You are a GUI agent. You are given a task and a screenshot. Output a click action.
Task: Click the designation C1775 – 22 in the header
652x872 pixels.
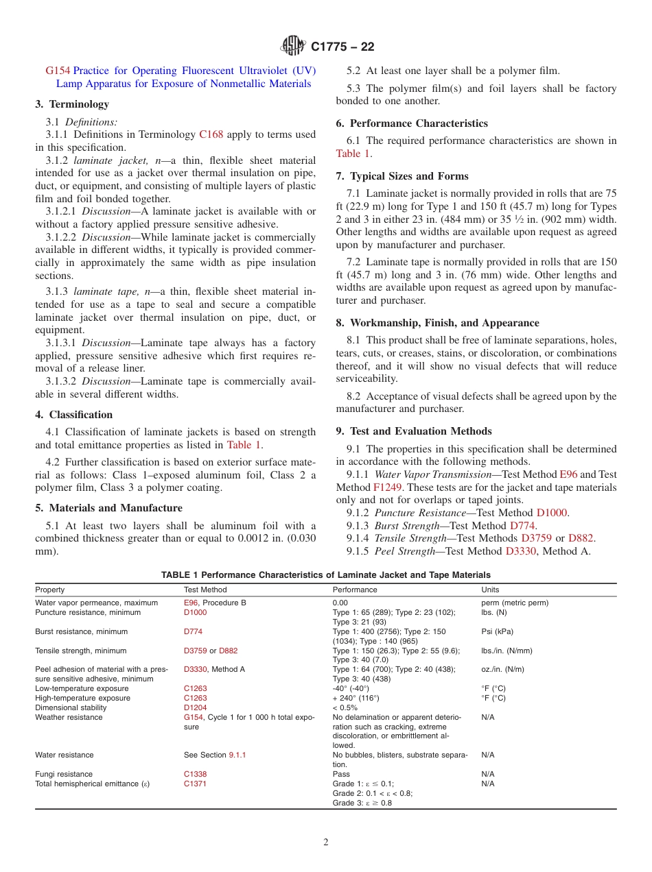pyautogui.click(x=342, y=47)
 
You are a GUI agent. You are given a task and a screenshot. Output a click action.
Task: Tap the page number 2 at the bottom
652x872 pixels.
pyautogui.click(x=326, y=843)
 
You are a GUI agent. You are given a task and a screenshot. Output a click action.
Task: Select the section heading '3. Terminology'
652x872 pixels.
pyautogui.click(x=72, y=104)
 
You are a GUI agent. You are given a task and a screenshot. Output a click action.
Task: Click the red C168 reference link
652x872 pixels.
pyautogui.click(x=211, y=134)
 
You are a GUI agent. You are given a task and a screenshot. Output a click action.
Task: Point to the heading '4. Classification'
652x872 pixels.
pyautogui.click(x=74, y=415)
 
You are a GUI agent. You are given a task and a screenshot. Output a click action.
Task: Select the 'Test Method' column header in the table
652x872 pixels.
pyautogui.click(x=205, y=590)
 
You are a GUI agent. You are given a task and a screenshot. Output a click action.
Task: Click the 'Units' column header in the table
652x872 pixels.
pyautogui.click(x=490, y=590)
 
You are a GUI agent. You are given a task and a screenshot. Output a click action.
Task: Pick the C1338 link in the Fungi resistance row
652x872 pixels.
pyautogui.click(x=195, y=774)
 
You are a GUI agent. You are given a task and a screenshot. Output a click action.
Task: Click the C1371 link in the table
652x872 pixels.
pyautogui.click(x=195, y=784)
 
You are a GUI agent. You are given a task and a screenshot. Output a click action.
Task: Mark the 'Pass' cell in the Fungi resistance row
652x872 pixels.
pyautogui.click(x=341, y=774)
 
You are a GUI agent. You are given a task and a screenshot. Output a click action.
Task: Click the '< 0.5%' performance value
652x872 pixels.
pyautogui.click(x=345, y=707)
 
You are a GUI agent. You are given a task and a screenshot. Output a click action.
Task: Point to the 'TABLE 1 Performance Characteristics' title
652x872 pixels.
pyautogui.click(x=325, y=574)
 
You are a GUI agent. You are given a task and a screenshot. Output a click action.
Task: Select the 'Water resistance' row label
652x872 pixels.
pyautogui.click(x=65, y=755)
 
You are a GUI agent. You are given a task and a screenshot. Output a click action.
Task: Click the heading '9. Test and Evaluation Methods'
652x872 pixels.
pyautogui.click(x=414, y=431)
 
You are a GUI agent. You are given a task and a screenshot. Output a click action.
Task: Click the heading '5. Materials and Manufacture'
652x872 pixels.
pyautogui.click(x=108, y=508)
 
